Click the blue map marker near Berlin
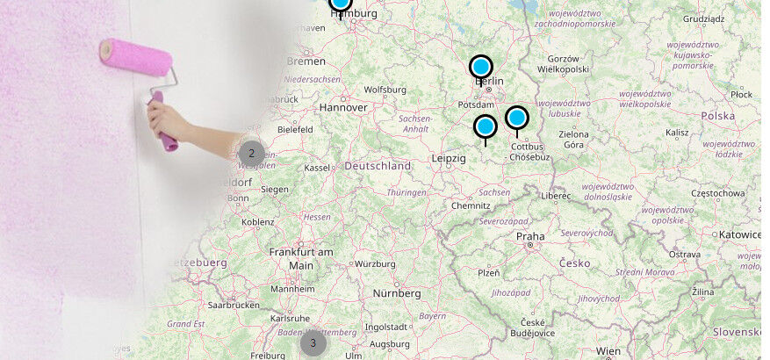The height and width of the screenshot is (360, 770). point(480,67)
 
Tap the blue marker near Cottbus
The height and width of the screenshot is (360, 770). point(517,117)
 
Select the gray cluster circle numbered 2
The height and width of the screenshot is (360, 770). point(251,154)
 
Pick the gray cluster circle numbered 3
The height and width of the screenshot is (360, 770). point(313,342)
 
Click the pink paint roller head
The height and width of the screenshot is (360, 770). point(136,57)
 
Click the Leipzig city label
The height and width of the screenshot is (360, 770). point(448,158)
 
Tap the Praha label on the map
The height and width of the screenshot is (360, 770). point(530,236)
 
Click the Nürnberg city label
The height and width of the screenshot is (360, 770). point(397,293)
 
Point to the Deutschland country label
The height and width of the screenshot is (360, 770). point(378,166)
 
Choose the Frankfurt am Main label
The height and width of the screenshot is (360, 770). point(301,258)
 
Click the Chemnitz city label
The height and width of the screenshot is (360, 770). point(470,205)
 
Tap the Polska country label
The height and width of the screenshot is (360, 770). point(717,116)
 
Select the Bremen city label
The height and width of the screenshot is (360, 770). point(306,61)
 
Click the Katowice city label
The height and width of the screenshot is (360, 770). point(739,234)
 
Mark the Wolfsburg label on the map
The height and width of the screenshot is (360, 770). point(385,90)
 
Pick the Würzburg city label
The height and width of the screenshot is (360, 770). point(376,263)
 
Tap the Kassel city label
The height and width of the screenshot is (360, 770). point(317,168)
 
